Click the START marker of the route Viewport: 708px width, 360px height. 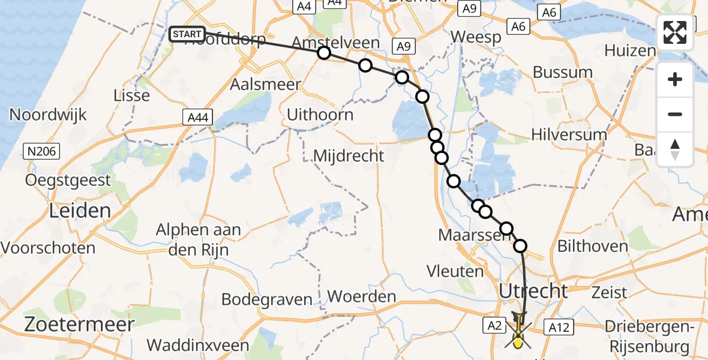tap(187, 34)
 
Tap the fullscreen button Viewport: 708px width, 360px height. tap(675, 32)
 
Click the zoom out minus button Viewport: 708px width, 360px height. tap(675, 114)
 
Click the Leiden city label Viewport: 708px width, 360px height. tap(80, 211)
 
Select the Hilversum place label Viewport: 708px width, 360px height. tap(569, 134)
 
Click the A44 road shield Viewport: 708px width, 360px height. tap(197, 118)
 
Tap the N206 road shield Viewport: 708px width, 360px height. tap(42, 151)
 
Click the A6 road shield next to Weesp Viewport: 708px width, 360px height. tap(518, 26)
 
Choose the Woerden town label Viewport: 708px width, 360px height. tap(362, 296)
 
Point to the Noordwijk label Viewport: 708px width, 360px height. tap(49, 115)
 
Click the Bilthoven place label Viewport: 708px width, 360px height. tap(591, 245)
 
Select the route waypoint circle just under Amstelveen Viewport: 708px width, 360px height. tap(324, 53)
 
